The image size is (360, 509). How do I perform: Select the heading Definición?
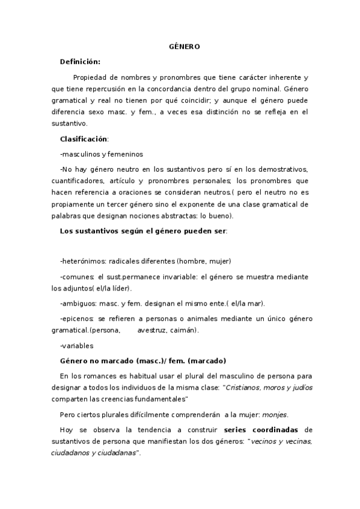click(x=80, y=61)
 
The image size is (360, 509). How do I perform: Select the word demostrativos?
click(x=281, y=169)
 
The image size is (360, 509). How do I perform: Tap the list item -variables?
click(x=77, y=345)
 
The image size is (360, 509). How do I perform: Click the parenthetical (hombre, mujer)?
click(x=204, y=261)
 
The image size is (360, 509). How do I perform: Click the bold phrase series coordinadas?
click(x=261, y=430)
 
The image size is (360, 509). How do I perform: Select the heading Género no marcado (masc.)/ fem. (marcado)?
click(x=143, y=361)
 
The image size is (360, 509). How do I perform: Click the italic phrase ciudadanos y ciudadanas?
click(x=94, y=453)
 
